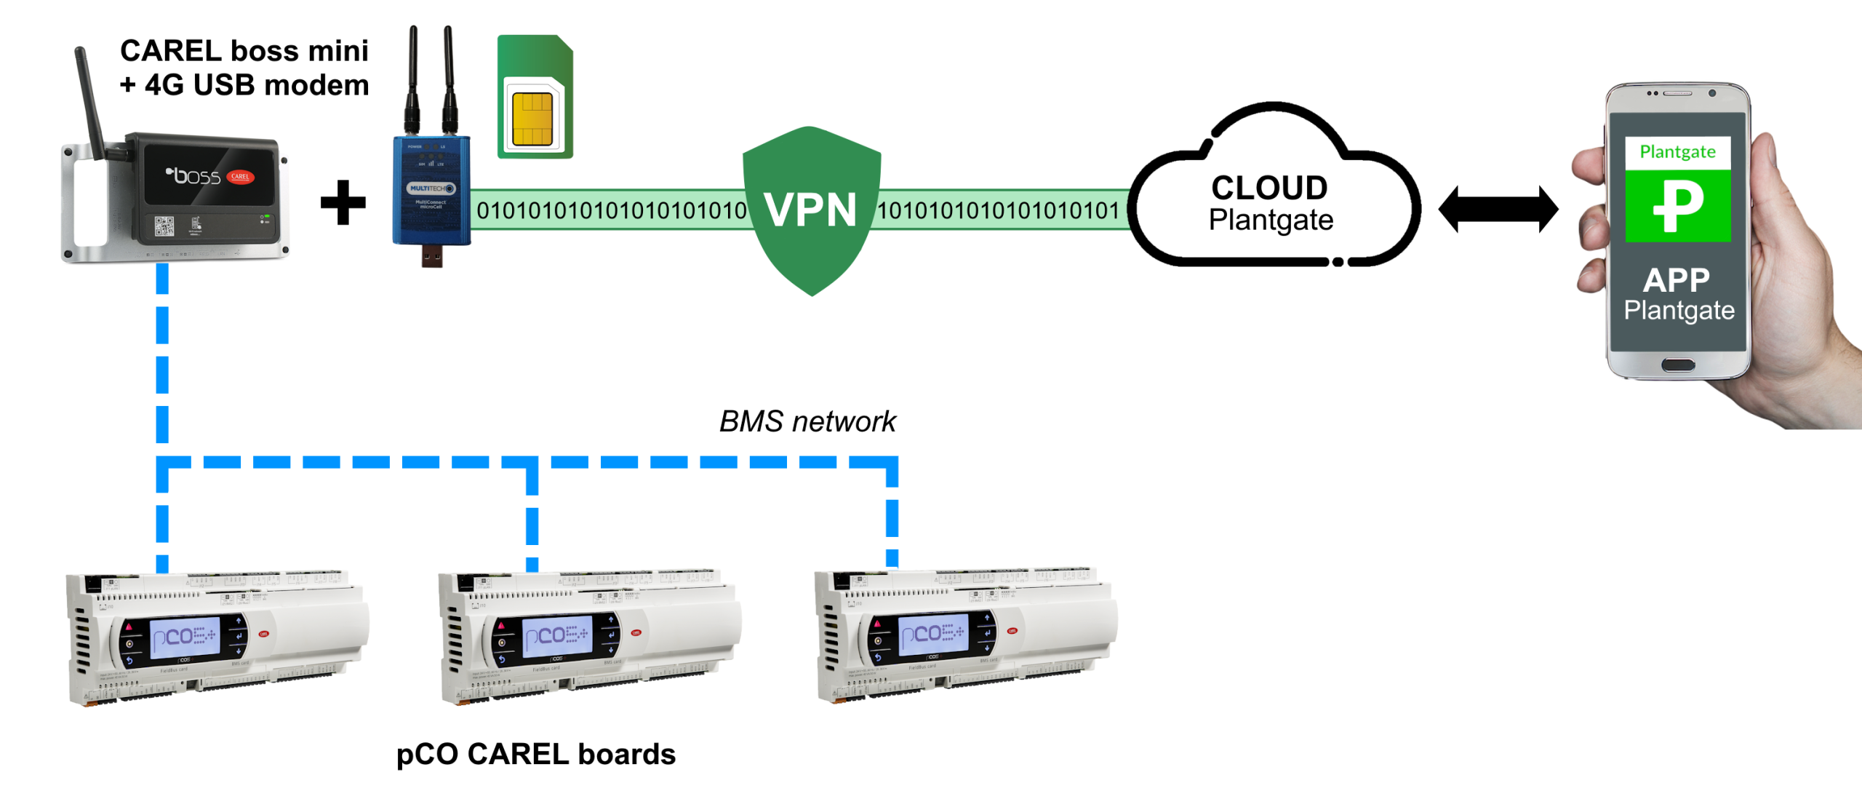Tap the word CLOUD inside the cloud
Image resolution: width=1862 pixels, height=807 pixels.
pos(1269,188)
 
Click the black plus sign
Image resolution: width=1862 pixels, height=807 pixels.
pos(343,203)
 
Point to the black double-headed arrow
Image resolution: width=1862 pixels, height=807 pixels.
pos(1498,210)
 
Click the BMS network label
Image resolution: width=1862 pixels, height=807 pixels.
pos(807,421)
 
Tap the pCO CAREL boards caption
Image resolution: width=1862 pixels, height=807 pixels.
pos(535,754)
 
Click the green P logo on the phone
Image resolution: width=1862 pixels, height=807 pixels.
pos(1677,206)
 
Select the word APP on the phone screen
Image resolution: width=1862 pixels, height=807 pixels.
pos(1676,280)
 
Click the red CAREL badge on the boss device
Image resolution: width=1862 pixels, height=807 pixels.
pos(240,177)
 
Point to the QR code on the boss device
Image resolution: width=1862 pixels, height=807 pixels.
pos(164,226)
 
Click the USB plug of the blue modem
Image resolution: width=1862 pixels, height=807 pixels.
pos(431,257)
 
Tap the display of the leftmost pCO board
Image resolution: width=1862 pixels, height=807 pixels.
pos(185,637)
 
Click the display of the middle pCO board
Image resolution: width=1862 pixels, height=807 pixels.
pos(557,636)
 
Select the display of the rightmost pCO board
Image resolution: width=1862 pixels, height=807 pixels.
pos(933,634)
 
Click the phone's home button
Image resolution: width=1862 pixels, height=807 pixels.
pos(1677,365)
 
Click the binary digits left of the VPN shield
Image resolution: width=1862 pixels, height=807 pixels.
pos(611,211)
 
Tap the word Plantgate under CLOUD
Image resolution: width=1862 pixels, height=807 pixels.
pos(1271,220)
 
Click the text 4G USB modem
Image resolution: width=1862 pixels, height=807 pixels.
pos(256,85)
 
